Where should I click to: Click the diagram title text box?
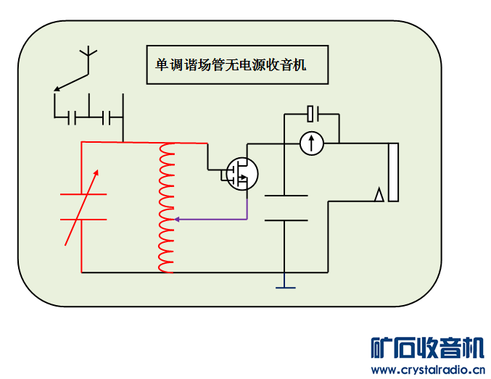pos(236,64)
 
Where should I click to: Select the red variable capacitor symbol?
pos(83,207)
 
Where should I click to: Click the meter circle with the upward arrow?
pos(312,143)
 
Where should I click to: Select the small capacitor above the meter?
pos(313,113)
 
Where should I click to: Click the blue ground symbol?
pos(286,287)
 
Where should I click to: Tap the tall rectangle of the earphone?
pos(393,172)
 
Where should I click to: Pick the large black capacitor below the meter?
pos(286,207)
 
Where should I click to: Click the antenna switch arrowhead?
pos(57,89)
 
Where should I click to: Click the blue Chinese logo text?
pos(426,347)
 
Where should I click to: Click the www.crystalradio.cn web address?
pos(426,370)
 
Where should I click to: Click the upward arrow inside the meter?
pos(312,143)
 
